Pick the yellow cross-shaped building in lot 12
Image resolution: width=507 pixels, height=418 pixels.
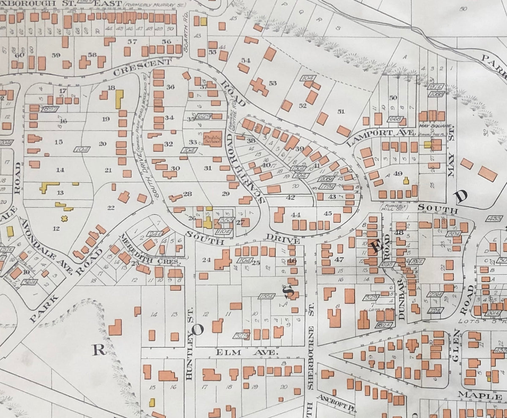65,219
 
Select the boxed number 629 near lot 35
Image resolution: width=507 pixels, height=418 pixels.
204,116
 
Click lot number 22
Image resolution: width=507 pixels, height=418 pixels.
111,207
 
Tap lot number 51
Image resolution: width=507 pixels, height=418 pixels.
341,111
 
